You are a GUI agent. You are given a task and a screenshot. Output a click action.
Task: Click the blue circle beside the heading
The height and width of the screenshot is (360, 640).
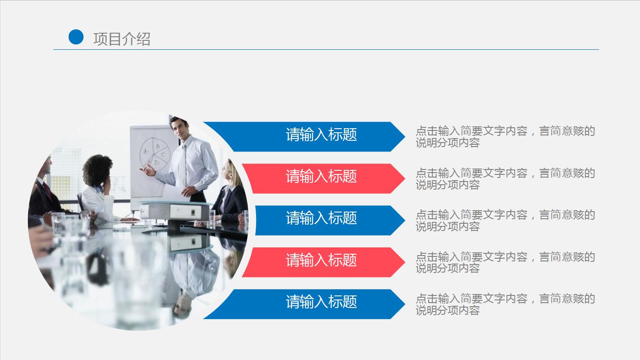point(76,37)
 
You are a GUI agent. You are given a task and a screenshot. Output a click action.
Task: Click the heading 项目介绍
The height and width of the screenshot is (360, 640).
point(122,39)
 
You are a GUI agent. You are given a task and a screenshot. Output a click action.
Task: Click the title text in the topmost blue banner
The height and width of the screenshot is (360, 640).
point(321,134)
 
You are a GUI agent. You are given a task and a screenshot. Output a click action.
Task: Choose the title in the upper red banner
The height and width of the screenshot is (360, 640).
point(321,176)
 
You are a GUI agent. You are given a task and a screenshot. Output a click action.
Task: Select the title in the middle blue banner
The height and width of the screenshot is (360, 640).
point(321,218)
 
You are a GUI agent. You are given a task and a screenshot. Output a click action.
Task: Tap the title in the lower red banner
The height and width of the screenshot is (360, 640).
point(321,260)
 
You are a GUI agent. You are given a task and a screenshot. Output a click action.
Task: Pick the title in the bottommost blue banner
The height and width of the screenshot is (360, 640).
point(321,302)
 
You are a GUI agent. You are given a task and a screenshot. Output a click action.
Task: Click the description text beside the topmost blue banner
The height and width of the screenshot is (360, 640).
point(505,137)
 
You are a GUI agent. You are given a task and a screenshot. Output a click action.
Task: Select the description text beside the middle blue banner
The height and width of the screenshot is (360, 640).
point(505,220)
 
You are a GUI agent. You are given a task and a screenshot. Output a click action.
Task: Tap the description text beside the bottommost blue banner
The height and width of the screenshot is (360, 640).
point(505,304)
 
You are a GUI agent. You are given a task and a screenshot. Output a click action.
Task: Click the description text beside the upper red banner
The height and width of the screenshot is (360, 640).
point(505,178)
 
